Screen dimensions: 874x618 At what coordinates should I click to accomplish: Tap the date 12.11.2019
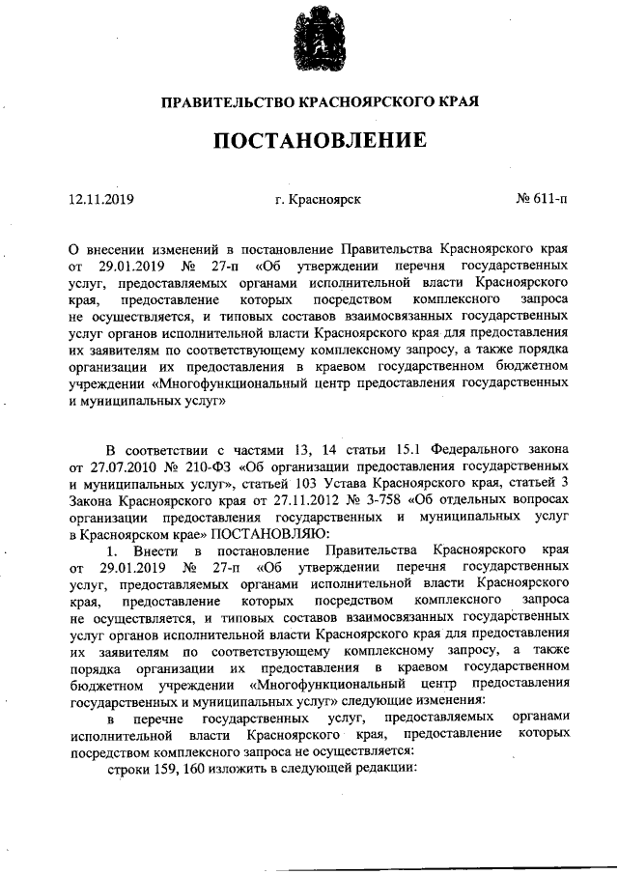(101, 200)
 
